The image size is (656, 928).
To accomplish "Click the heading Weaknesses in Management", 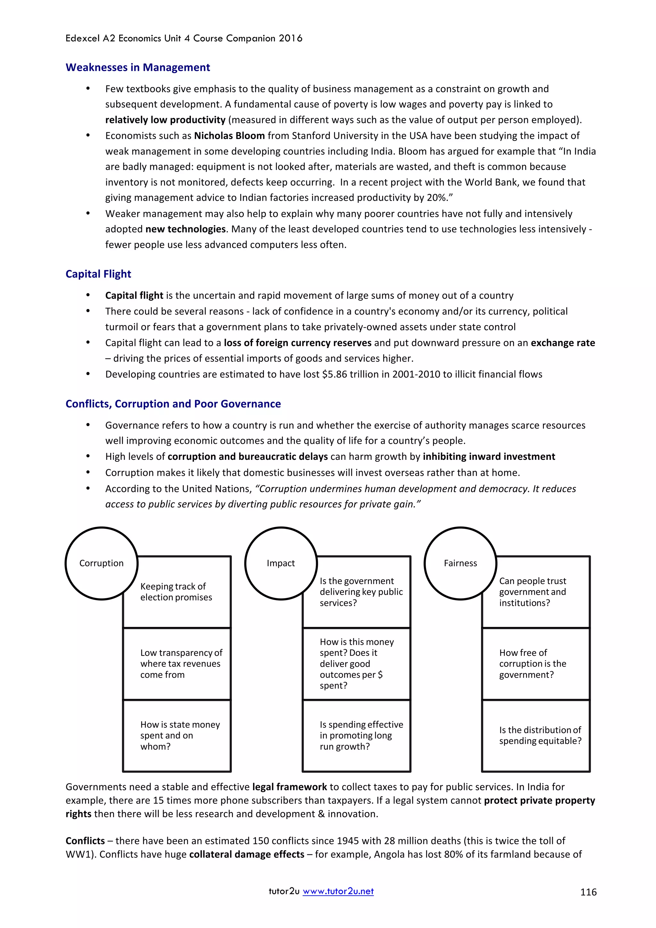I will [137, 68].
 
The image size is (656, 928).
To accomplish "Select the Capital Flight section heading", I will [98, 274].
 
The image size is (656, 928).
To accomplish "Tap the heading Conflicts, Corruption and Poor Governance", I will [173, 404].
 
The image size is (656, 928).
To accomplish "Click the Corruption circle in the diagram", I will [102, 563].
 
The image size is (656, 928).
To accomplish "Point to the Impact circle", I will [281, 563].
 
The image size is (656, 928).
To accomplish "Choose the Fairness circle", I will [460, 563].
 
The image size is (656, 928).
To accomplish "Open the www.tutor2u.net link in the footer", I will [338, 891].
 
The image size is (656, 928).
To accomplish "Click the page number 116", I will [588, 892].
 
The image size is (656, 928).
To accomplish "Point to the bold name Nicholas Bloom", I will [229, 136].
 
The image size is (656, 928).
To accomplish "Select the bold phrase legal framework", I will [289, 787].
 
